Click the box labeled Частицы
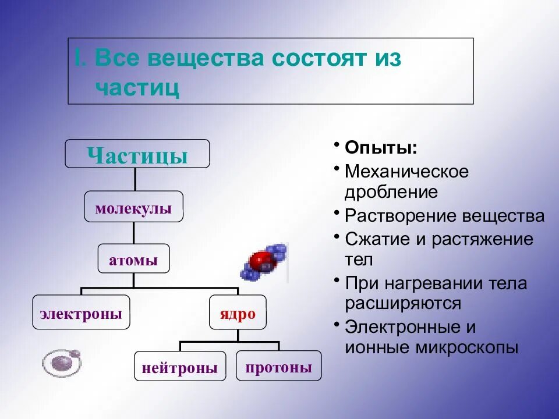(137, 154)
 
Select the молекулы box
(133, 207)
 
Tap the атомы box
(133, 259)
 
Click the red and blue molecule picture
(265, 262)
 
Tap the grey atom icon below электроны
(62, 362)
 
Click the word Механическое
(406, 172)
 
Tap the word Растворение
(401, 216)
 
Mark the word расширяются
(403, 303)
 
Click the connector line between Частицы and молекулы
(136, 179)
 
